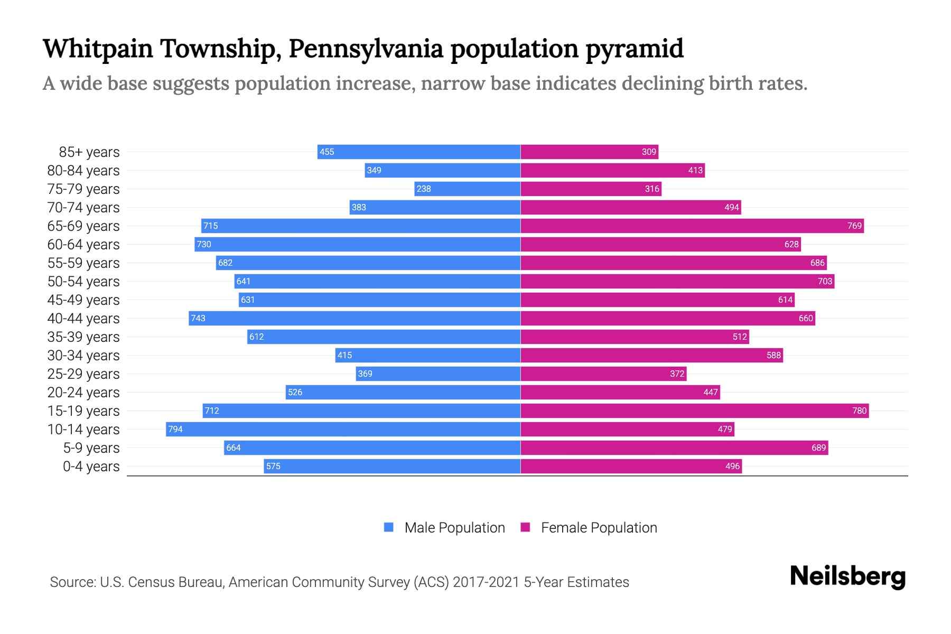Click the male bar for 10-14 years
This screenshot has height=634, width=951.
343,429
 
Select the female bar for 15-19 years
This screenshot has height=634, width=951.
695,411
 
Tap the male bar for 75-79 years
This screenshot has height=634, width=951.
468,189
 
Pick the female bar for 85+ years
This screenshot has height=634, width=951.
589,152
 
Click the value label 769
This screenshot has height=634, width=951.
854,226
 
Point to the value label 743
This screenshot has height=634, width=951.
198,318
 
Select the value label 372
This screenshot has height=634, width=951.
677,374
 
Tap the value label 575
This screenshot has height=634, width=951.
273,466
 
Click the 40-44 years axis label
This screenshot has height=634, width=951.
83,319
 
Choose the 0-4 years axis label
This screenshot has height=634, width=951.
91,467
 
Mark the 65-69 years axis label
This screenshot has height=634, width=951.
83,226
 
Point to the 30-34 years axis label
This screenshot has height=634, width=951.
83,356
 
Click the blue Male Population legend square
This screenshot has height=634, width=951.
389,527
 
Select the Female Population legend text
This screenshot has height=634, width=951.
599,527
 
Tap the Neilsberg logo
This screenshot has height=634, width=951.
847,576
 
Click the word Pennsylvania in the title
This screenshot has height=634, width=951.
366,49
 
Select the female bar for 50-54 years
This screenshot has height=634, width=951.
677,281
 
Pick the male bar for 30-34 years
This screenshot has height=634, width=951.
428,355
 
